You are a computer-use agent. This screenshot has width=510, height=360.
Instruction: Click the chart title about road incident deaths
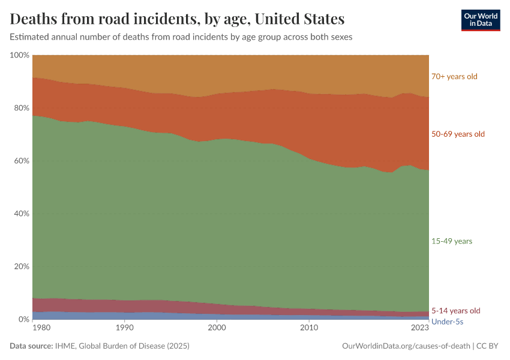177,19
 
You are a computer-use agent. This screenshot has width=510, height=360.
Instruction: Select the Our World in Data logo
480,20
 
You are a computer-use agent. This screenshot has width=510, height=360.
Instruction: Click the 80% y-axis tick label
21,108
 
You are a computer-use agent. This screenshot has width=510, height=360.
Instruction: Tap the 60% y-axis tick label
21,161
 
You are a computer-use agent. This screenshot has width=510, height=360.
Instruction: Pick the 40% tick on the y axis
21,214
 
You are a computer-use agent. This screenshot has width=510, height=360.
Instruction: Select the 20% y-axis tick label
21,266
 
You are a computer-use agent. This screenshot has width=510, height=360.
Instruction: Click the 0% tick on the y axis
23,319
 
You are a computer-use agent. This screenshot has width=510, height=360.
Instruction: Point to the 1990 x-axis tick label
124,328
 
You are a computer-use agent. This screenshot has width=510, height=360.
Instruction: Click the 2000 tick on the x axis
217,328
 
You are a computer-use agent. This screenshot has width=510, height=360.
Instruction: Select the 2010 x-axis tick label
309,328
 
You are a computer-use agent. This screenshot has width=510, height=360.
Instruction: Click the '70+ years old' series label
454,76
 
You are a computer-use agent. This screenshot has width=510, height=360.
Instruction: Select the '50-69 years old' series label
458,134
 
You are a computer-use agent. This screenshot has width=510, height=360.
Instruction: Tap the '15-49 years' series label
452,241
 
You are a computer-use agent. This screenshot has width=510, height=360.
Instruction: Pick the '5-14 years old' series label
456,311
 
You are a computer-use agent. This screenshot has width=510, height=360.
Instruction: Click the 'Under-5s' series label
448,322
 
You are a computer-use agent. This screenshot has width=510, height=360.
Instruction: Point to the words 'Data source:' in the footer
31,346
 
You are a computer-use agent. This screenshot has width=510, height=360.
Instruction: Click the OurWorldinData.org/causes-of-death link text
406,346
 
